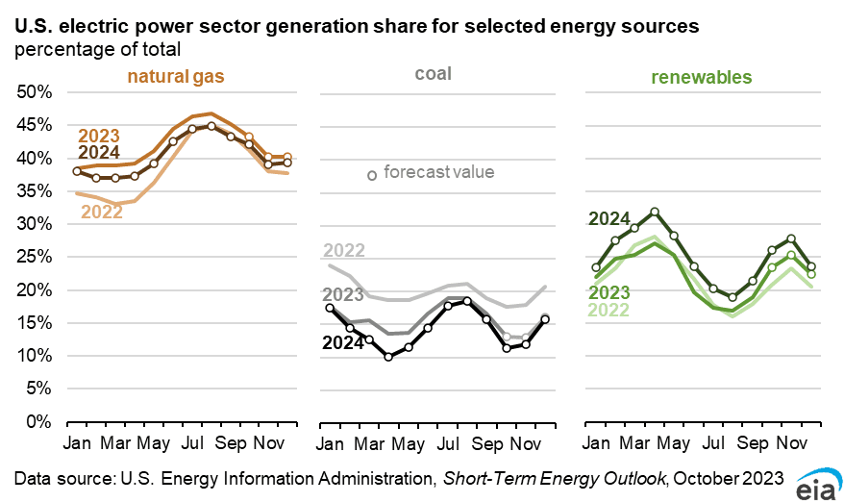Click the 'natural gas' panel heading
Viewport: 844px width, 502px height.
click(x=180, y=76)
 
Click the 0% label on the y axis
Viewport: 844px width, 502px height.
click(x=38, y=422)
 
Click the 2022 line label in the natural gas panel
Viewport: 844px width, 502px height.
click(x=101, y=212)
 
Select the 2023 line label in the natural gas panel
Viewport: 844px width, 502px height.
click(x=99, y=135)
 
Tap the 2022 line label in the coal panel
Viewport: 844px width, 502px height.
click(x=344, y=251)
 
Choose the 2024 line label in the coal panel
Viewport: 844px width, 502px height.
click(x=344, y=342)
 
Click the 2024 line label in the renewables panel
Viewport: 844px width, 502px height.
click(x=608, y=218)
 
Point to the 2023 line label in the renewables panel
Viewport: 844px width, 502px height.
click(x=608, y=292)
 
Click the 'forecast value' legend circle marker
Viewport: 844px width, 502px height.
click(x=372, y=174)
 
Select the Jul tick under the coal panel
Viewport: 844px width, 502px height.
click(x=448, y=445)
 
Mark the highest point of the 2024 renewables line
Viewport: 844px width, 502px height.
click(x=655, y=212)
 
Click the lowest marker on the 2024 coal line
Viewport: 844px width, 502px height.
click(x=388, y=357)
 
